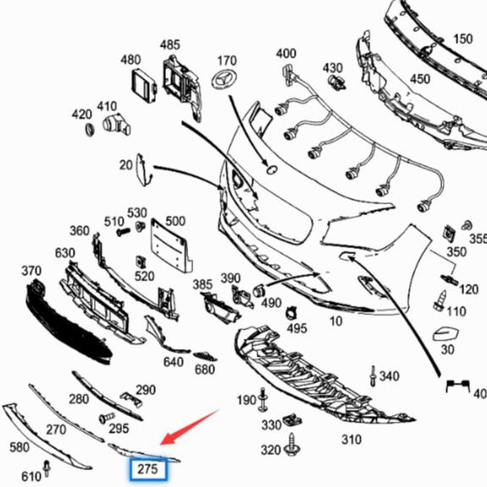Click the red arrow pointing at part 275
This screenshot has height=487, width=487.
pyautogui.click(x=190, y=427)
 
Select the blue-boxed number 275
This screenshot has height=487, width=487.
pyautogui.click(x=148, y=469)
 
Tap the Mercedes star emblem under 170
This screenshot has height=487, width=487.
pyautogui.click(x=224, y=80)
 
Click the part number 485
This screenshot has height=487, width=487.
pyautogui.click(x=170, y=45)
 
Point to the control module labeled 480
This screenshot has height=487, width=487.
pyautogui.click(x=144, y=86)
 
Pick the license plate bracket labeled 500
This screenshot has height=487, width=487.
pyautogui.click(x=171, y=246)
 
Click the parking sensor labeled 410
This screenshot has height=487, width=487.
pyautogui.click(x=116, y=125)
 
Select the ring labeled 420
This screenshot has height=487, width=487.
pyautogui.click(x=90, y=130)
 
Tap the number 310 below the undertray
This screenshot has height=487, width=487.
pyautogui.click(x=351, y=440)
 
